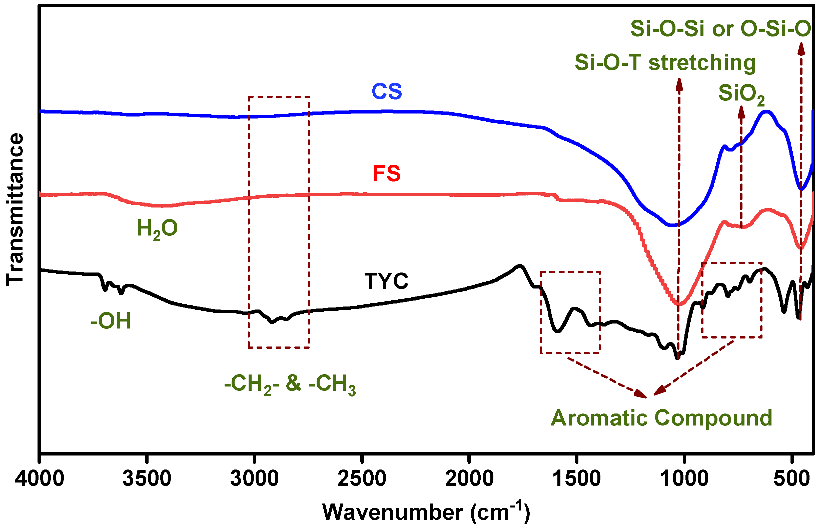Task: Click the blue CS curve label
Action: coord(387,91)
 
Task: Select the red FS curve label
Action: coord(387,173)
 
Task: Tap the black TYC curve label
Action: coord(386,281)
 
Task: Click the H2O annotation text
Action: coord(157,228)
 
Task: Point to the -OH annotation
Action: coord(111,321)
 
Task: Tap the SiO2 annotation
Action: coord(741,94)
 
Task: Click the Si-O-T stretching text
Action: coord(665,63)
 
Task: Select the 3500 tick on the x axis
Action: coord(147,479)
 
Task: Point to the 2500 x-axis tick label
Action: coord(362,479)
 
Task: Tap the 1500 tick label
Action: coord(577,479)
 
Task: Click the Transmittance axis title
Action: coord(15,209)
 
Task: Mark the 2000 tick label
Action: coord(469,479)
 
